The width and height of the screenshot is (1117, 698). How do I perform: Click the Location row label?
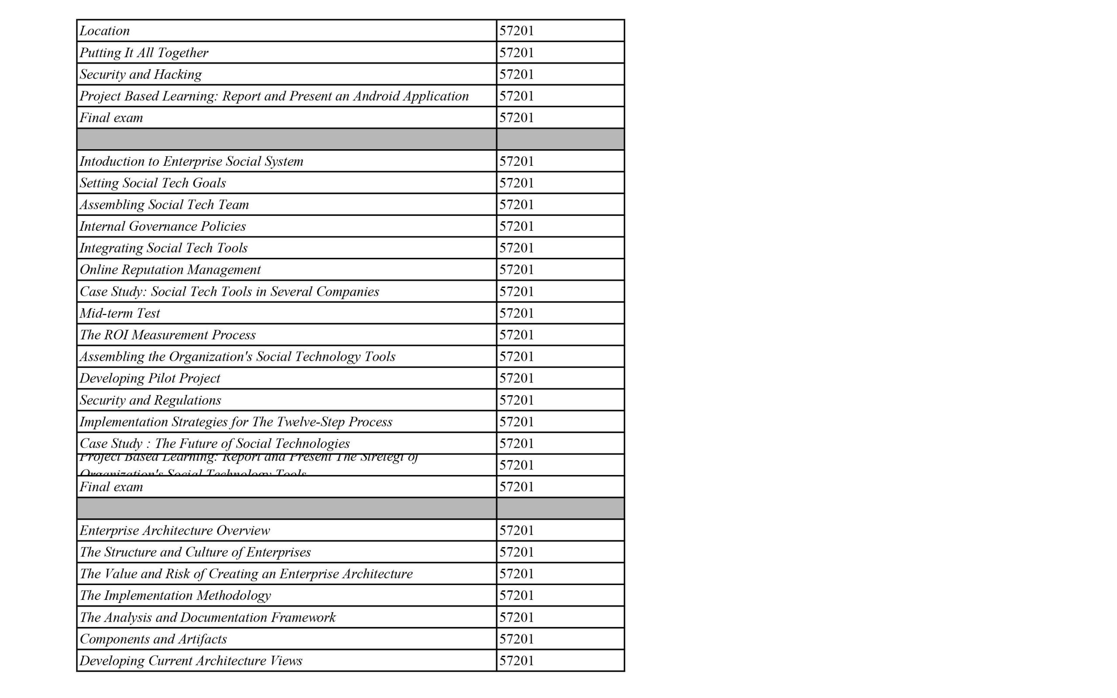pos(104,31)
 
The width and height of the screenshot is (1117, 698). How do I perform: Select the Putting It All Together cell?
pos(144,53)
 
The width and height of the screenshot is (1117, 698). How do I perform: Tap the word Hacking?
pos(178,74)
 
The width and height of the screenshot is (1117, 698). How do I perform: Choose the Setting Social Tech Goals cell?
pos(152,183)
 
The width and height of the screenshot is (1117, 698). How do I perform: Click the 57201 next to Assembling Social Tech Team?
pos(517,205)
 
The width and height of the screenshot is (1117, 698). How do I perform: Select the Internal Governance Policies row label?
pos(162,226)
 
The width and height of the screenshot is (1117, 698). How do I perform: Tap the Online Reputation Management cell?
pos(170,270)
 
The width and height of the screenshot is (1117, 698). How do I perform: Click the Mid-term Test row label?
pos(120,313)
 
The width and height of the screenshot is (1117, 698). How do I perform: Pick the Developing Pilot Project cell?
pos(150,378)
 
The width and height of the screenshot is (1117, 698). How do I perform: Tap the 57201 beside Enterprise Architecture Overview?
pos(517,530)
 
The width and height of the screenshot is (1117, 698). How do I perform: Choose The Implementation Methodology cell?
pos(175,595)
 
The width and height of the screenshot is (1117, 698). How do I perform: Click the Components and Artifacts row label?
pos(153,639)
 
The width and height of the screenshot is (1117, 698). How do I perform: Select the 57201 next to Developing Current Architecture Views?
pos(517,660)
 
